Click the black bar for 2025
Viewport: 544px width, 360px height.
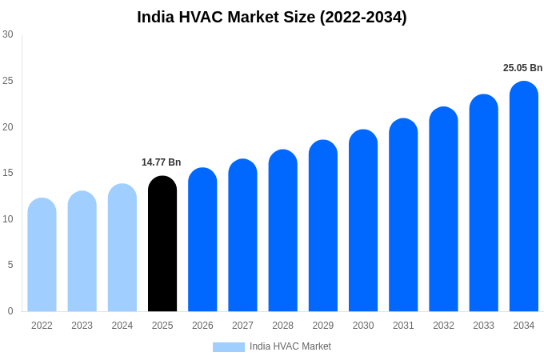tap(162, 244)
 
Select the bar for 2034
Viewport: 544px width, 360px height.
tap(523, 197)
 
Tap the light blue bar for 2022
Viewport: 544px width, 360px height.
tap(42, 255)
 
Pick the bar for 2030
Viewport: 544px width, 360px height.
tap(363, 221)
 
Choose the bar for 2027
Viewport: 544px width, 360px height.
tap(242, 235)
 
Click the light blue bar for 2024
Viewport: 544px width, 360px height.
tap(122, 248)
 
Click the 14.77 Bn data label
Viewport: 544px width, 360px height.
tap(162, 162)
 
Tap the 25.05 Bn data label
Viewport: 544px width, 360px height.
tap(522, 68)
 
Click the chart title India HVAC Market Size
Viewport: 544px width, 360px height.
tap(272, 17)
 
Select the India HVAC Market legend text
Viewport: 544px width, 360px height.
tap(290, 346)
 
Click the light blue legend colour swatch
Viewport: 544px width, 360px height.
tap(229, 347)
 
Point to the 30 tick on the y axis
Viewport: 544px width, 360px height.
tap(8, 34)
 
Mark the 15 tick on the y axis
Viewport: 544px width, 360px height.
tap(8, 173)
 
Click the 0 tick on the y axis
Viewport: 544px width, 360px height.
tap(10, 311)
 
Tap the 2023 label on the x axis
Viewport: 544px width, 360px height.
tap(82, 326)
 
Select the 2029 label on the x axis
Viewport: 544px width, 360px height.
tap(322, 326)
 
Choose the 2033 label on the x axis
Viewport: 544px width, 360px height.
tap(483, 326)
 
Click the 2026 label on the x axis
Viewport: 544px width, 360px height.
tap(202, 326)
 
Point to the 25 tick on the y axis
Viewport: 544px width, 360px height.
tap(8, 81)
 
